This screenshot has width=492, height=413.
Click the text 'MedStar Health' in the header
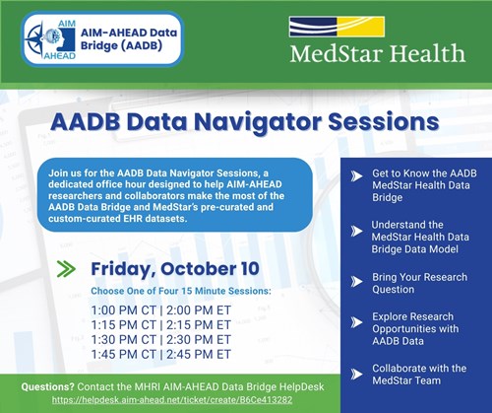[x=376, y=52]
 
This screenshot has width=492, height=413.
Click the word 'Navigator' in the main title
[x=254, y=123]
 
